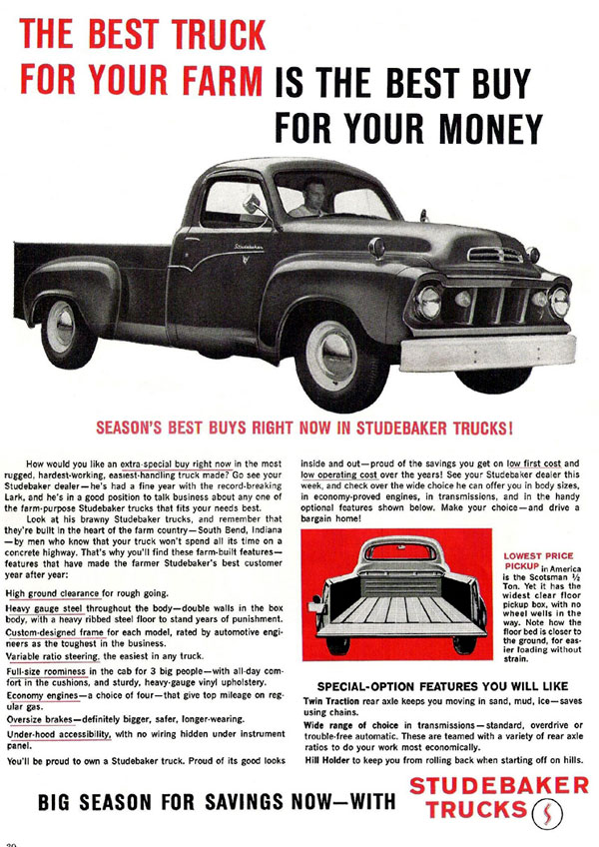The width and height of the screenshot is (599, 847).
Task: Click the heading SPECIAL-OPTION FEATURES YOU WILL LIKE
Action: tap(442, 687)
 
